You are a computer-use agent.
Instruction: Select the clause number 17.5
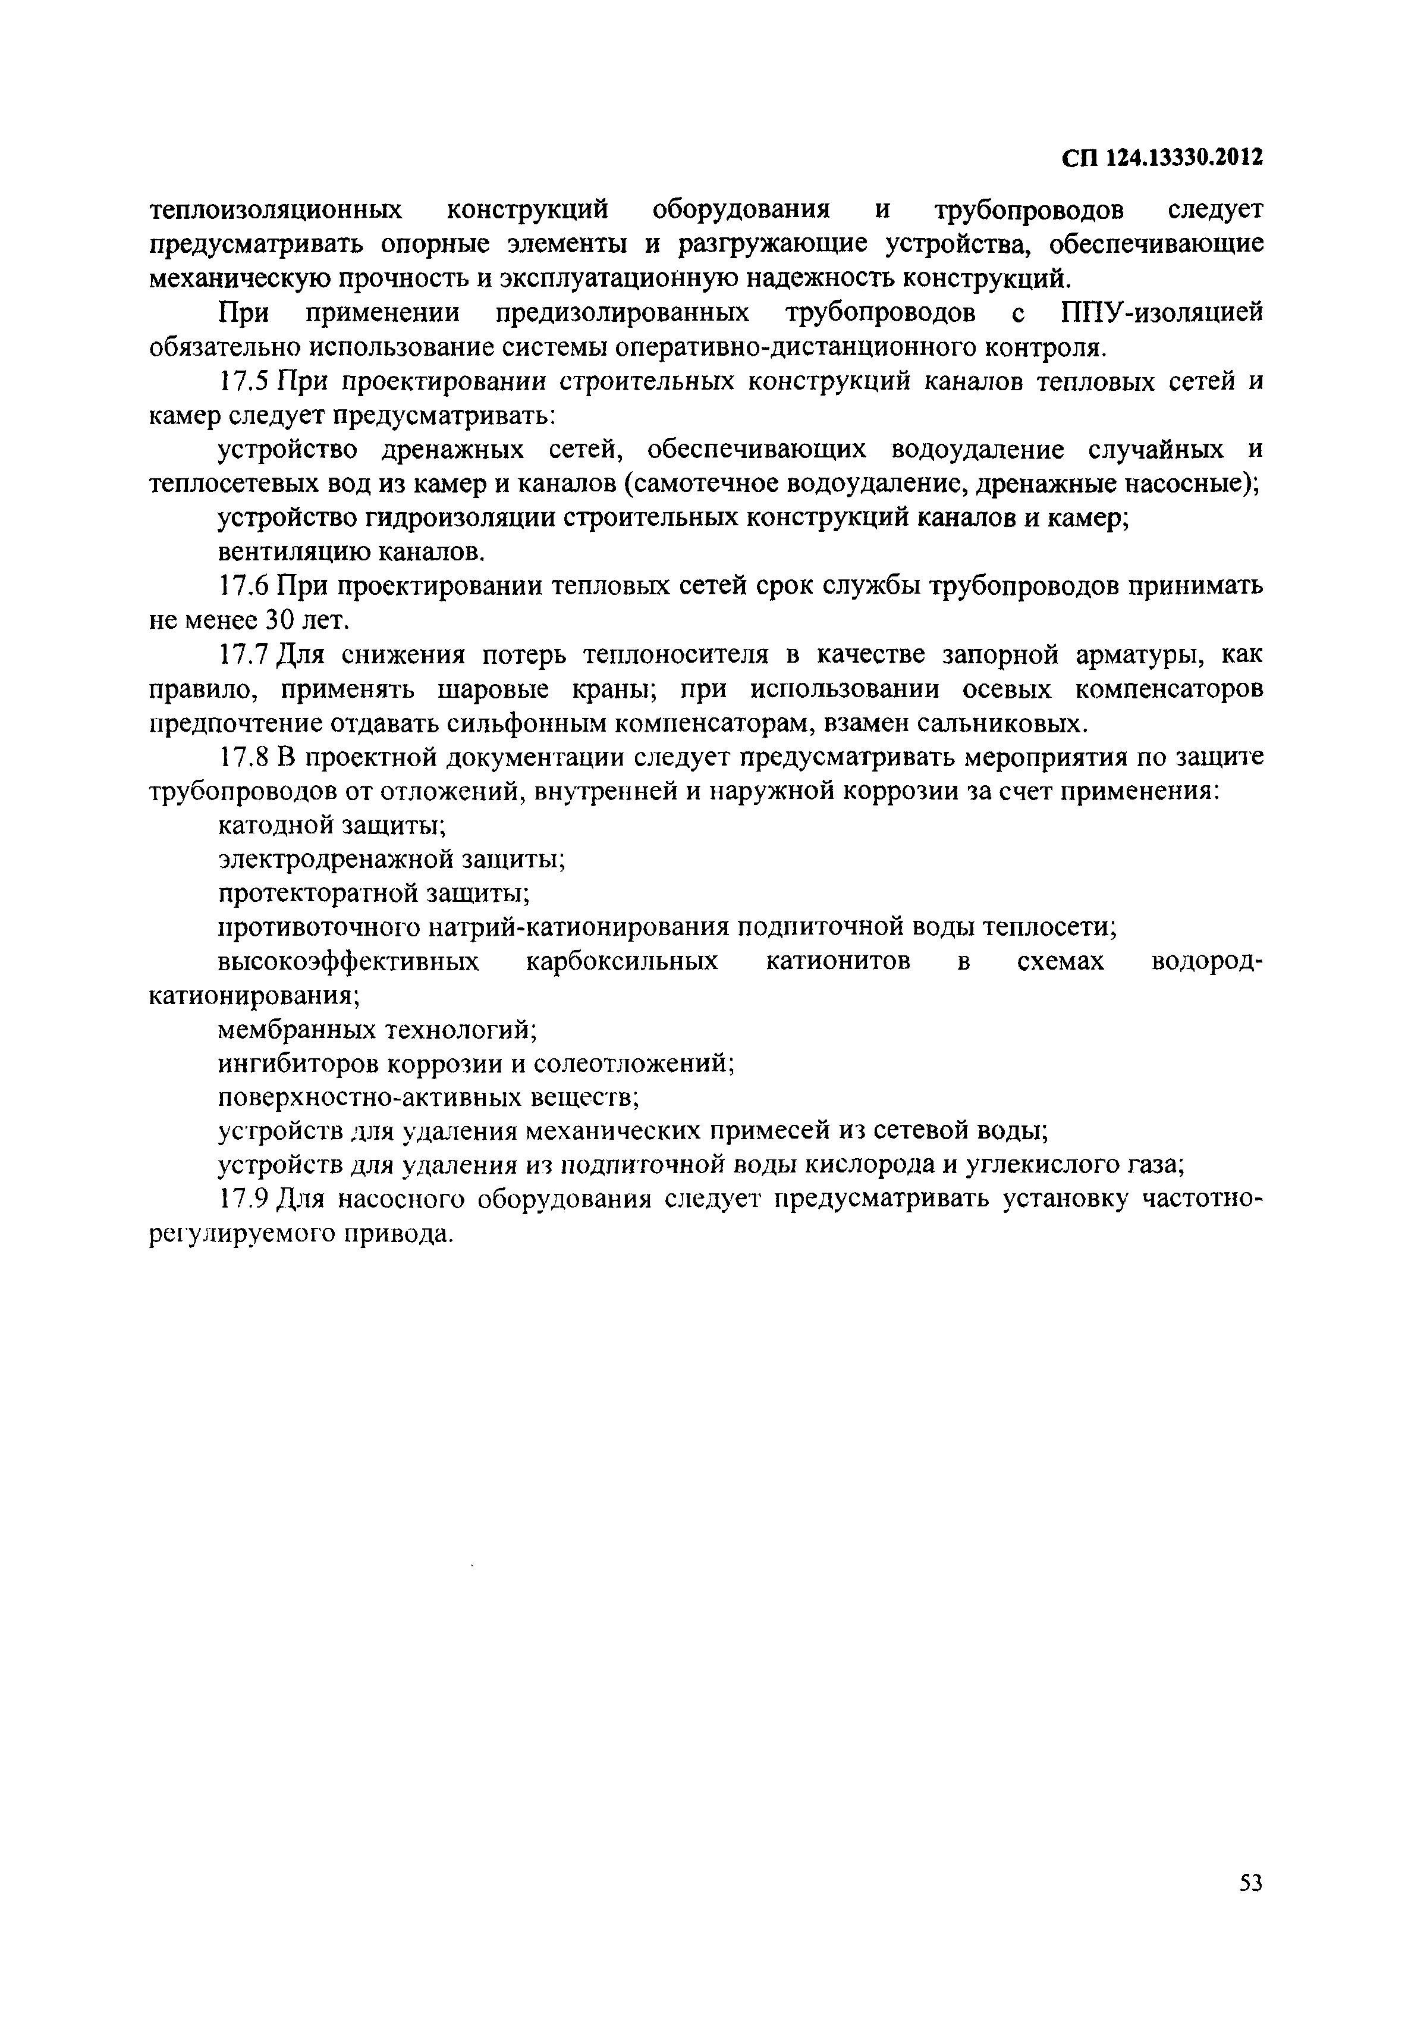click(x=247, y=382)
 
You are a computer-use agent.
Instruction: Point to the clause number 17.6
click(x=247, y=587)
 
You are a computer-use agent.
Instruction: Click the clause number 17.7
click(x=247, y=656)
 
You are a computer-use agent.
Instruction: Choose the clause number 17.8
click(x=247, y=757)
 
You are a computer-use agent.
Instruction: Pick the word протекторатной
click(x=318, y=894)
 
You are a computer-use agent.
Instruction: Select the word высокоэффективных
click(x=348, y=962)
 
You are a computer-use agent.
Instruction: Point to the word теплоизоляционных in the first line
click(x=275, y=211)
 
